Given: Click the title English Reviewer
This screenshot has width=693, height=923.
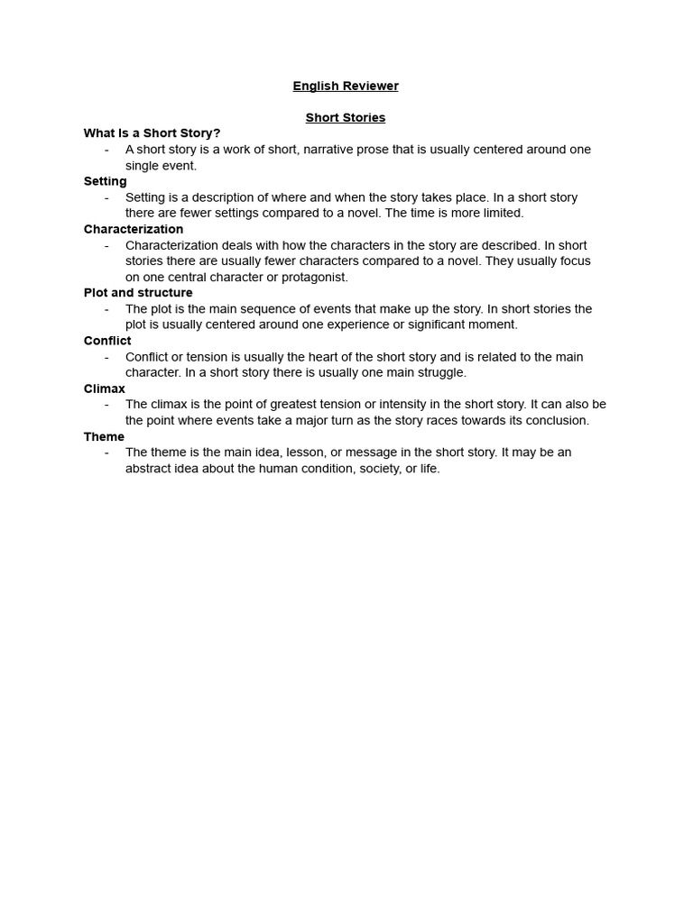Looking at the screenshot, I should click(346, 87).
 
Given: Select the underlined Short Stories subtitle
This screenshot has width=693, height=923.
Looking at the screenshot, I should click(346, 118).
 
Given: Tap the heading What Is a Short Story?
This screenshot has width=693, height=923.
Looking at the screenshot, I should click(152, 133).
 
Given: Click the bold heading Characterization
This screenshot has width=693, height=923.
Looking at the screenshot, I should click(134, 229).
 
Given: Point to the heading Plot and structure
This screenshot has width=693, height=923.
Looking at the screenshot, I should click(138, 293).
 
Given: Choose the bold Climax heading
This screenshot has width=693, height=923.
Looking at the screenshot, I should click(105, 388).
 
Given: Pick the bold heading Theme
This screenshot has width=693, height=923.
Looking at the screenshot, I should click(104, 436).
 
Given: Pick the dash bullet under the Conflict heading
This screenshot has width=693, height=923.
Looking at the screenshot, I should click(107, 357).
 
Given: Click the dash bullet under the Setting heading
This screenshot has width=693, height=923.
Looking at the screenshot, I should click(107, 197).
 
